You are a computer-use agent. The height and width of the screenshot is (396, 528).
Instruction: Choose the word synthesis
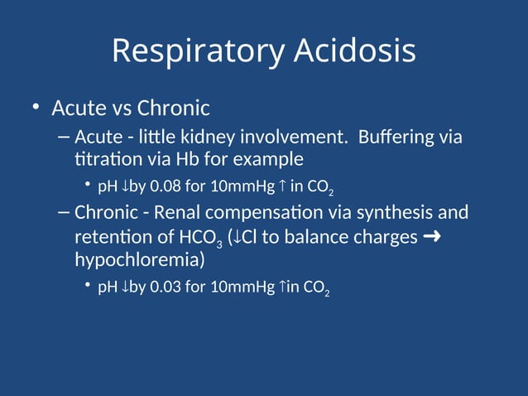point(387,213)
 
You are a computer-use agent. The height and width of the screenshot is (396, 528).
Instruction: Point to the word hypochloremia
point(137,259)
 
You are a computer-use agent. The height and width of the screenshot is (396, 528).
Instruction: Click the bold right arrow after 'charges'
point(431,237)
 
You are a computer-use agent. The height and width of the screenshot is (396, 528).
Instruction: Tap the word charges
point(386,237)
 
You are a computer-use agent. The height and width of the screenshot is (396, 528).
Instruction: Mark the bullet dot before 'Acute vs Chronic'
point(36,109)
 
